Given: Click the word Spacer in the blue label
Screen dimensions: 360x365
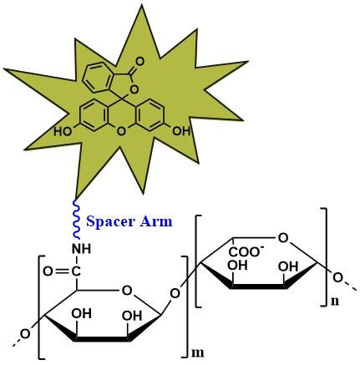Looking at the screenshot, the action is [110, 222].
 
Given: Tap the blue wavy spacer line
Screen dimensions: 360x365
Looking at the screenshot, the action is [77, 220].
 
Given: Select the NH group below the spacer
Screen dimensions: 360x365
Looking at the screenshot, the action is [82, 248].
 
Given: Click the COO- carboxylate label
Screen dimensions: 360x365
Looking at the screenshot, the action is [245, 251].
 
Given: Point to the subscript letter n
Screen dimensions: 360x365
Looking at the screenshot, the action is [335, 301].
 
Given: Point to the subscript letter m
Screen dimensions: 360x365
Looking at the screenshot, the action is [197, 352].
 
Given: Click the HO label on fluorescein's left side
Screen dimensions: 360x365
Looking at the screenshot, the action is [63, 131].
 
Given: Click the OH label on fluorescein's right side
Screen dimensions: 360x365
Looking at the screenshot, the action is [181, 130].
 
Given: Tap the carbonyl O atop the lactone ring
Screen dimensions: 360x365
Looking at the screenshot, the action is [139, 62].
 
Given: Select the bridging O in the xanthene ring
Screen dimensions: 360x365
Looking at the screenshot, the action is [121, 131].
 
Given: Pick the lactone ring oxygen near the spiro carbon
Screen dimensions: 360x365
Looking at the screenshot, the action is [134, 89].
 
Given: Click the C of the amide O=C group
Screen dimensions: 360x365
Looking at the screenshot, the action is [76, 271].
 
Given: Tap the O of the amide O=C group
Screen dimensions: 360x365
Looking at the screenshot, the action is [48, 271].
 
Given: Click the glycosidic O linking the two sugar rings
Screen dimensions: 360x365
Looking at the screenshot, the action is [175, 294].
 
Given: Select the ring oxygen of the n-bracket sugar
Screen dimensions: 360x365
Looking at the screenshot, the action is [283, 238].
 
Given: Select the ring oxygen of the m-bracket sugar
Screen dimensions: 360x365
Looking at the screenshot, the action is [127, 291].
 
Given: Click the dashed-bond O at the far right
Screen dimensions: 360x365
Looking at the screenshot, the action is [337, 277].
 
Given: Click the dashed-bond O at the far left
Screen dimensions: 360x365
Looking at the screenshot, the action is [25, 334].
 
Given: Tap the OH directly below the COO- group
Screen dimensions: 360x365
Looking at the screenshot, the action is [237, 266].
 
